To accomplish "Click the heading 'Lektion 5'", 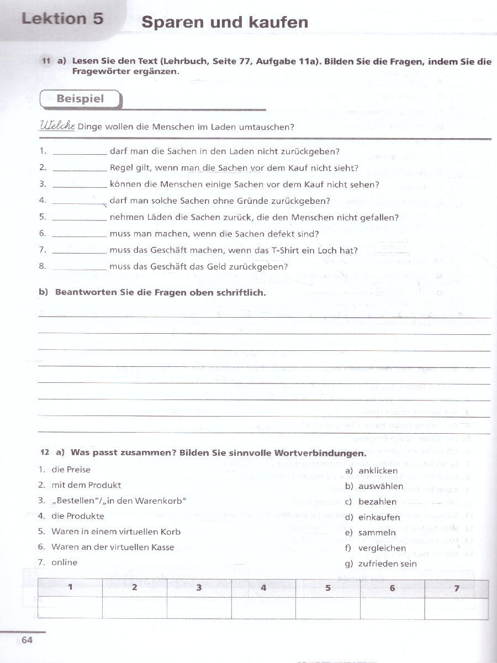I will point(62,19).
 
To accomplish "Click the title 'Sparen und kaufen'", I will point(225,22).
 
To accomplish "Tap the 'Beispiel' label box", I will point(80,99).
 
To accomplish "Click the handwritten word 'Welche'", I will point(57,126).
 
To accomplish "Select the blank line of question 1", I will point(79,152).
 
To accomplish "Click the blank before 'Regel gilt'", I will point(79,169).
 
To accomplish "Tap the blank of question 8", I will point(79,267).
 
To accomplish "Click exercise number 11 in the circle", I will point(46,61).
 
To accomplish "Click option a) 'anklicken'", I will point(378,471).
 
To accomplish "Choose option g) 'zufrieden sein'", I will point(387,564).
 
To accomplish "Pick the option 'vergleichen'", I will point(382,548).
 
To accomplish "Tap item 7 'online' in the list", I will point(64,562).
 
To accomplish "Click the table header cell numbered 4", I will point(263,588).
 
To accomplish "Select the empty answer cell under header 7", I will point(456,608).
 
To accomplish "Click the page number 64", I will point(27,640).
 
